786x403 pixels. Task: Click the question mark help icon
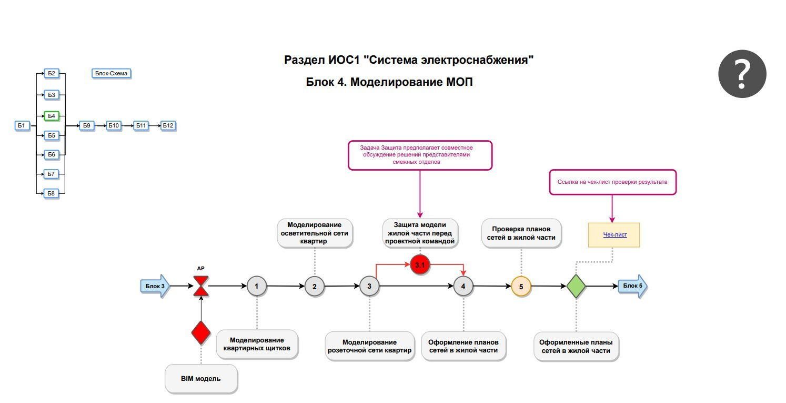coord(742,74)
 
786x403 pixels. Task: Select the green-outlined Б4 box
coord(51,115)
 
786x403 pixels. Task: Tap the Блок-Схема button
coord(111,73)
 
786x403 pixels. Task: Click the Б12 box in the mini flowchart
coord(168,125)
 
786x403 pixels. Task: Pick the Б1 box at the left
coord(22,125)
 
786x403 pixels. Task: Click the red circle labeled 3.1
coord(420,266)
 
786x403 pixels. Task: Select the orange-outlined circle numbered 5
coord(521,287)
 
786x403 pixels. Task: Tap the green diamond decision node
coord(576,286)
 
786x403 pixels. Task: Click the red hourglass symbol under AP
coord(201,286)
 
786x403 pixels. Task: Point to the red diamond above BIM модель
coord(201,332)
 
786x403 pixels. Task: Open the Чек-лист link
coord(614,235)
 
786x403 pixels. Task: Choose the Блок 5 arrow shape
coord(632,286)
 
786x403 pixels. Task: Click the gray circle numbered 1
coord(257,286)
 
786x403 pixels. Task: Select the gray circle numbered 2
coord(315,287)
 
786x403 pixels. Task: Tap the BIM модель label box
coord(201,378)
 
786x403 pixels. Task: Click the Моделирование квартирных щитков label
coord(257,344)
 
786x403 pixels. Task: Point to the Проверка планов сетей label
coord(521,233)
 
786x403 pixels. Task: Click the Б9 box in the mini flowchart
coord(87,125)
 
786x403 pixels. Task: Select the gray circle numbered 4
coord(463,286)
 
